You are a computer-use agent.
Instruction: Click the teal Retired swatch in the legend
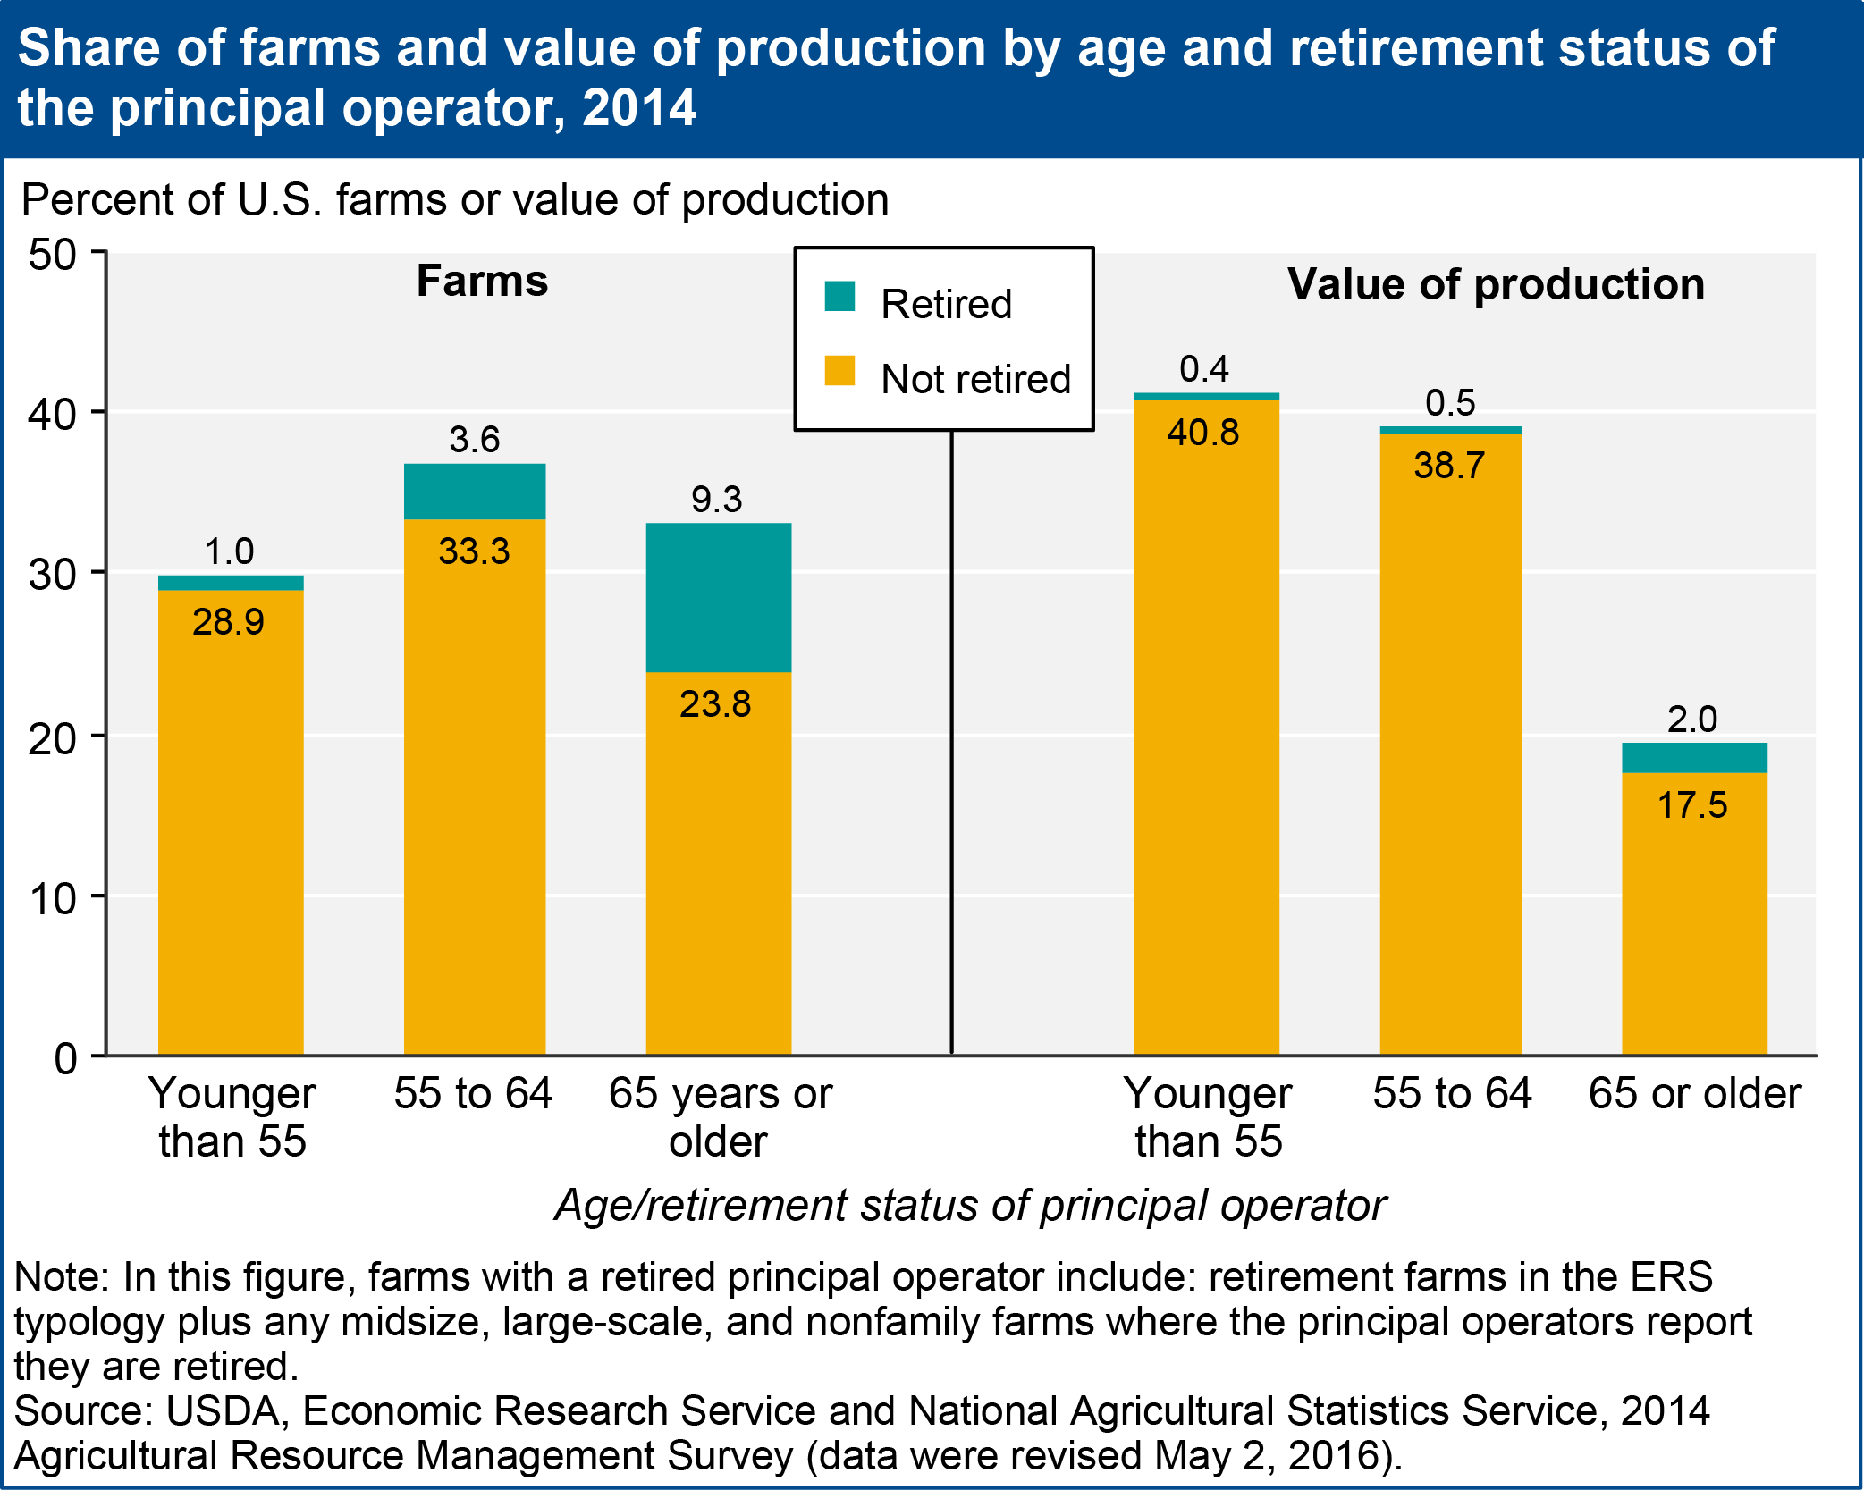click(x=839, y=296)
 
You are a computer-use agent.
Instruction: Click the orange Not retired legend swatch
click(x=839, y=370)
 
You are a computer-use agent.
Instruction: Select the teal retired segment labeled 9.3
click(x=719, y=597)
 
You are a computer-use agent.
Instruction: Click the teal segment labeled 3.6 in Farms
click(x=475, y=491)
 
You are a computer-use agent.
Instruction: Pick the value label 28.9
click(x=229, y=622)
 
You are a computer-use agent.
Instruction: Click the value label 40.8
click(x=1203, y=433)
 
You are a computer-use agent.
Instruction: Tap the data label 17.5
click(x=1692, y=805)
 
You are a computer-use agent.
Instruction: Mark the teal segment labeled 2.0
click(x=1694, y=758)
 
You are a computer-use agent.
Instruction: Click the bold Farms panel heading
click(x=483, y=282)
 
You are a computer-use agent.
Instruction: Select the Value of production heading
click(x=1497, y=285)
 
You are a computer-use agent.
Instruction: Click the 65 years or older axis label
click(x=720, y=1117)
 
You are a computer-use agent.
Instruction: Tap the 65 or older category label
click(x=1695, y=1093)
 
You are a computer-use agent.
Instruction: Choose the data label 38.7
click(x=1449, y=466)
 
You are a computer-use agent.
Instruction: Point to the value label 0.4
click(x=1204, y=369)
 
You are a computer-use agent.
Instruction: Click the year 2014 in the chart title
click(x=638, y=108)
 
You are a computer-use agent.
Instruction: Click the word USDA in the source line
click(x=224, y=1410)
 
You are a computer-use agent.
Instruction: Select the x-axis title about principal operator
click(x=970, y=1206)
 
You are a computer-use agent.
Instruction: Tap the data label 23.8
click(x=715, y=704)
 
